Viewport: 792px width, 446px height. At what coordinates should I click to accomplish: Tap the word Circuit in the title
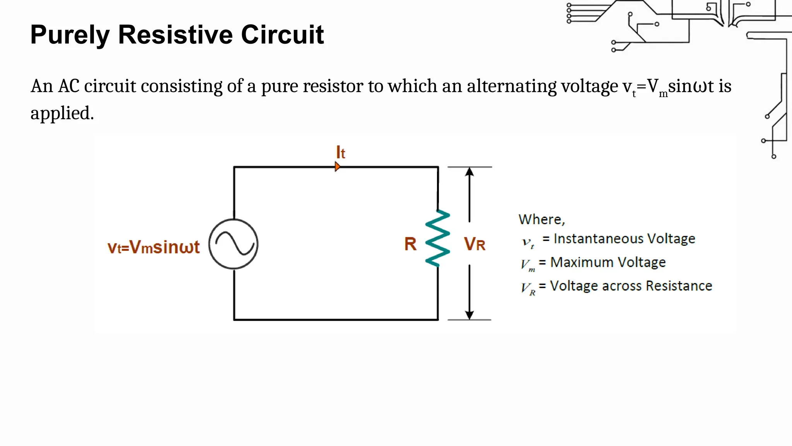click(x=282, y=35)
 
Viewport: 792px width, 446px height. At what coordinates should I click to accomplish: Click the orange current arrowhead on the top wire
click(x=337, y=167)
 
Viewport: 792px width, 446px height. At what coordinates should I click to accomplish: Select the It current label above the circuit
click(x=340, y=153)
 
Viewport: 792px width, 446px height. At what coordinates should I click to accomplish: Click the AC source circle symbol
click(x=233, y=244)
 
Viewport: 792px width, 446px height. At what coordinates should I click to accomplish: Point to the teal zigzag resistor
click(x=438, y=238)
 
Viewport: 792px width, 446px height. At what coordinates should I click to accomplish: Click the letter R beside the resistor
click(x=410, y=244)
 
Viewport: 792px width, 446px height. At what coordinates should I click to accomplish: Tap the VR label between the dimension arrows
click(x=475, y=244)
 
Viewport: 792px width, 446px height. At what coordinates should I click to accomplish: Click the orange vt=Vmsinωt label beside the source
click(x=154, y=247)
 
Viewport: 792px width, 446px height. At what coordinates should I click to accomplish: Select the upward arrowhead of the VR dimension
click(x=469, y=172)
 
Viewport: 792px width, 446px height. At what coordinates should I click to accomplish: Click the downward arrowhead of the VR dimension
click(x=469, y=315)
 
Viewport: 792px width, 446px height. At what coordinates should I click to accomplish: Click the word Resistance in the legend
click(x=679, y=286)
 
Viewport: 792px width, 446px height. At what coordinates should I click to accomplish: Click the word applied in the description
click(x=62, y=113)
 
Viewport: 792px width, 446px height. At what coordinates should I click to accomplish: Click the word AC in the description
click(x=69, y=86)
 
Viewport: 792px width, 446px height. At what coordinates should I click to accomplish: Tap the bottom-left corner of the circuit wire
click(x=234, y=319)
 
